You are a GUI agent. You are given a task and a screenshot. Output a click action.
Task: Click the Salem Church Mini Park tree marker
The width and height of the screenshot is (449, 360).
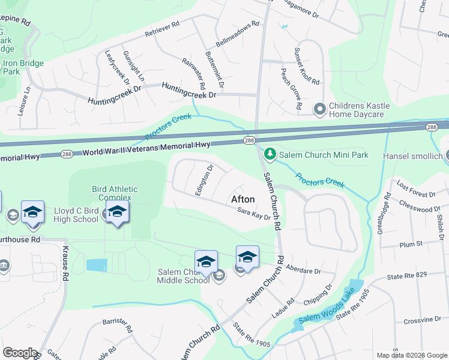point(270,155)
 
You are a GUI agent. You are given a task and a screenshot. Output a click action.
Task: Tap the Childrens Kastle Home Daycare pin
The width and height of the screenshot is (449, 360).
point(320,109)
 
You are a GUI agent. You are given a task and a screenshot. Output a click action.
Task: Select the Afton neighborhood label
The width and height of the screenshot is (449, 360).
point(243,199)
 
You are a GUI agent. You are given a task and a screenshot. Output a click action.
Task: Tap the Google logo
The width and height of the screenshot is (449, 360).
point(19,353)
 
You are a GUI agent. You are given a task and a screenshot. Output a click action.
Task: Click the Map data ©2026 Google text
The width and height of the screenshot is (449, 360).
point(411,355)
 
